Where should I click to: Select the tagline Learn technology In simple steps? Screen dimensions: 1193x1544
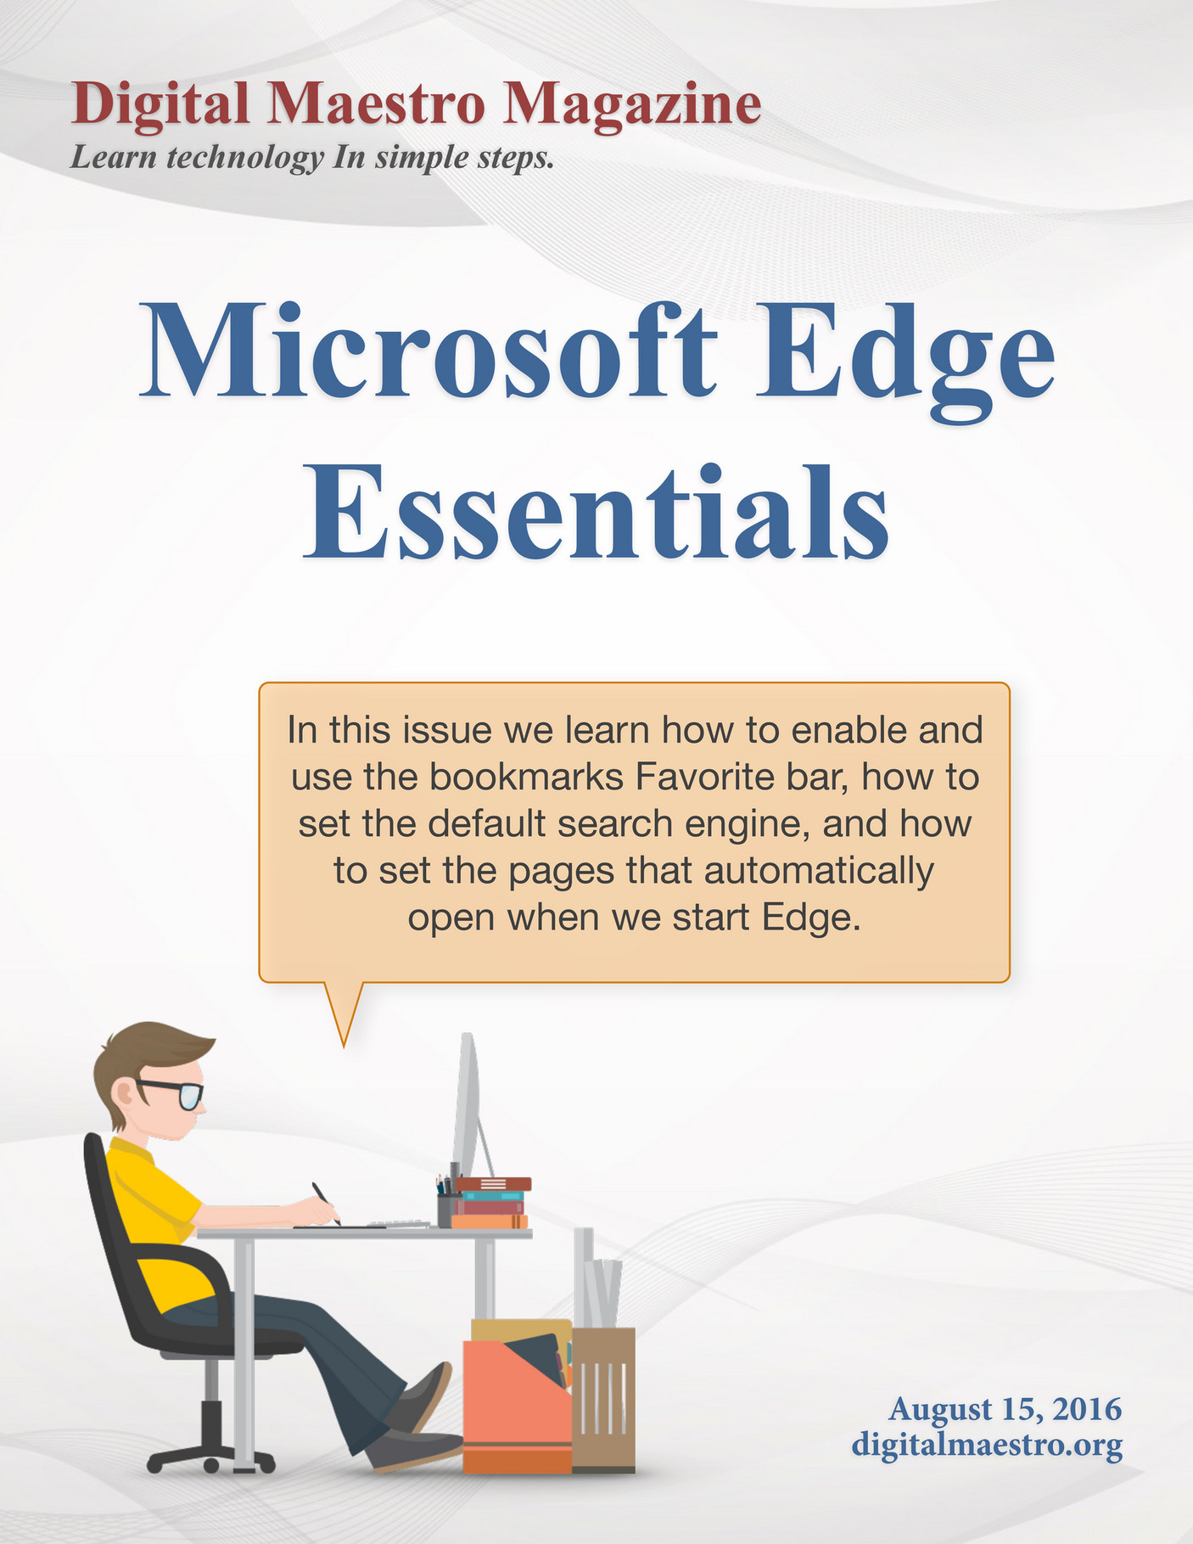click(x=311, y=158)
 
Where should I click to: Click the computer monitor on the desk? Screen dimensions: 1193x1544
click(x=469, y=1106)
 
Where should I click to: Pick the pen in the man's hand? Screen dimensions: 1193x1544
click(x=325, y=1203)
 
